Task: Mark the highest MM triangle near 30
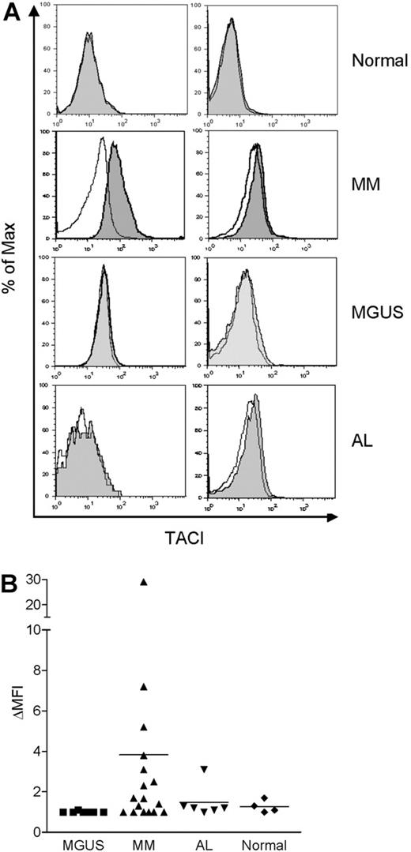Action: point(144,581)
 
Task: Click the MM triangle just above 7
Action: point(144,687)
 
